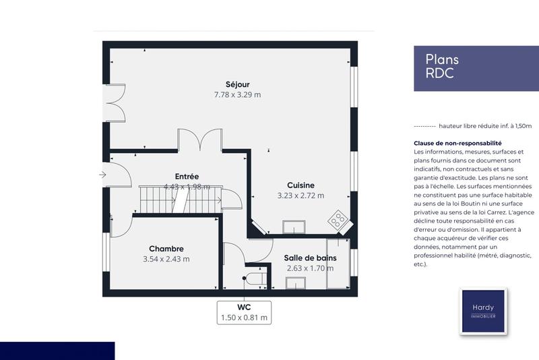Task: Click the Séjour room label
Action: coord(237,84)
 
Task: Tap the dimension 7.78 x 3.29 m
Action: coord(237,95)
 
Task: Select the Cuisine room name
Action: coord(300,185)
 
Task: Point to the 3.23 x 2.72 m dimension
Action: coord(300,196)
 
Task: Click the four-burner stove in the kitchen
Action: coord(337,220)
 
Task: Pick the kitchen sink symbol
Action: coord(293,227)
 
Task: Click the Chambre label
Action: coord(166,248)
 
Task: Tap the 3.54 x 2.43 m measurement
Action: coord(166,259)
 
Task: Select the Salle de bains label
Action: coord(310,258)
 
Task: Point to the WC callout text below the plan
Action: coord(245,307)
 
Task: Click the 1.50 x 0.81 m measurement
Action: coord(245,318)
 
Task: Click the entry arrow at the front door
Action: coord(102,175)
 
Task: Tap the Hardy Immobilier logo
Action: coord(482,311)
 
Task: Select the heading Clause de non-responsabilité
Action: coord(457,144)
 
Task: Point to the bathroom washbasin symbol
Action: coord(294,282)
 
